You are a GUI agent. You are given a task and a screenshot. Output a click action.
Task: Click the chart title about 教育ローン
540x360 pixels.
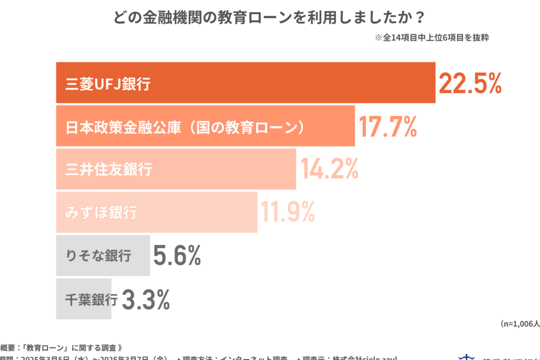[269, 17]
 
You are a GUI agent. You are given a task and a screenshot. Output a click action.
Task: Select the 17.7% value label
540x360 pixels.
[388, 127]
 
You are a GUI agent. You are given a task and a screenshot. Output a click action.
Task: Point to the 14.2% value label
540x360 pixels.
[330, 169]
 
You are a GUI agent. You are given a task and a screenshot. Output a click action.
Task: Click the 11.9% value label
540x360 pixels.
[288, 212]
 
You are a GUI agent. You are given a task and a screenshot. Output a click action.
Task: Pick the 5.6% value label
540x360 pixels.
[177, 256]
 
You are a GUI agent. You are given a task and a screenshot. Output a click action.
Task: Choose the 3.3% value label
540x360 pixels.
[146, 299]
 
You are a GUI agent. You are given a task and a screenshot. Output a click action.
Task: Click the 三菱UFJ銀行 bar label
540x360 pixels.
[108, 83]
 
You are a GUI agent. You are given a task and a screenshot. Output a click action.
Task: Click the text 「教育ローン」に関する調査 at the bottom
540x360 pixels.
[71, 347]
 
